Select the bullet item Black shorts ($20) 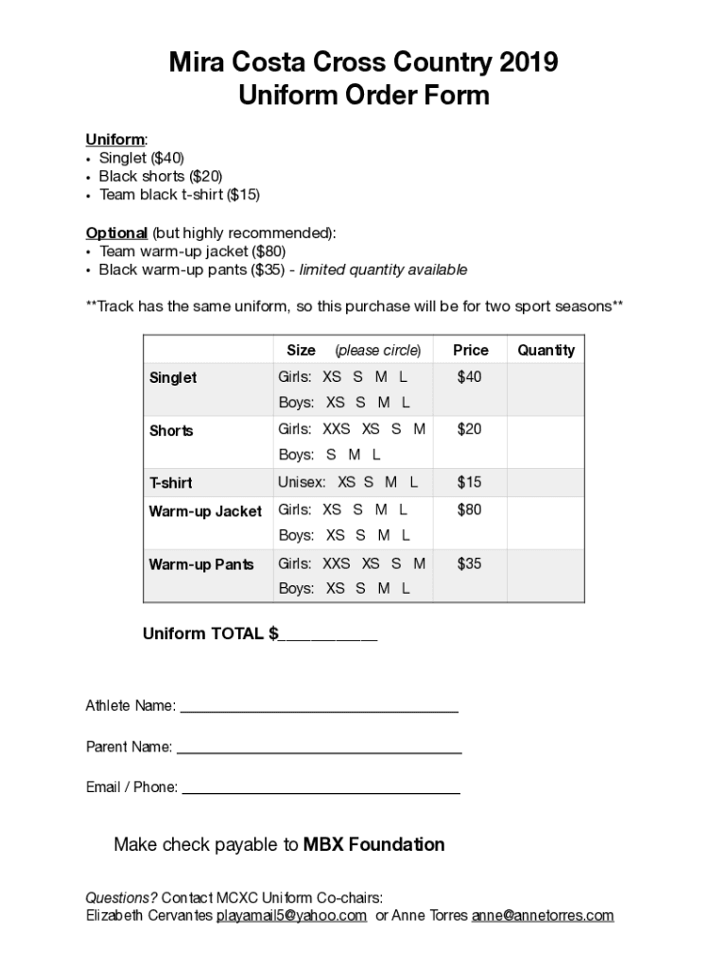pyautogui.click(x=161, y=177)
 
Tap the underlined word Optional pyautogui.click(x=116, y=233)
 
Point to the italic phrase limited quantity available pyautogui.click(x=383, y=270)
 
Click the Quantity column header pyautogui.click(x=546, y=350)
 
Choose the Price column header pyautogui.click(x=470, y=350)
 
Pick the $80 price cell pyautogui.click(x=469, y=510)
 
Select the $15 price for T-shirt pyautogui.click(x=469, y=482)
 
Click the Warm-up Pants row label pyautogui.click(x=200, y=564)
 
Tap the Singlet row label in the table pyautogui.click(x=173, y=377)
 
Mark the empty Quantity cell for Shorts pyautogui.click(x=546, y=441)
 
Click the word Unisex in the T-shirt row pyautogui.click(x=301, y=482)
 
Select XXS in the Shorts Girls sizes pyautogui.click(x=336, y=429)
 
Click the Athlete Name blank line pyautogui.click(x=319, y=706)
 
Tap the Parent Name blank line pyautogui.click(x=319, y=748)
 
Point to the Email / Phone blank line pyautogui.click(x=321, y=788)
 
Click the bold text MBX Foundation pyautogui.click(x=373, y=844)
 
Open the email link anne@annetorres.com pyautogui.click(x=543, y=915)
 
